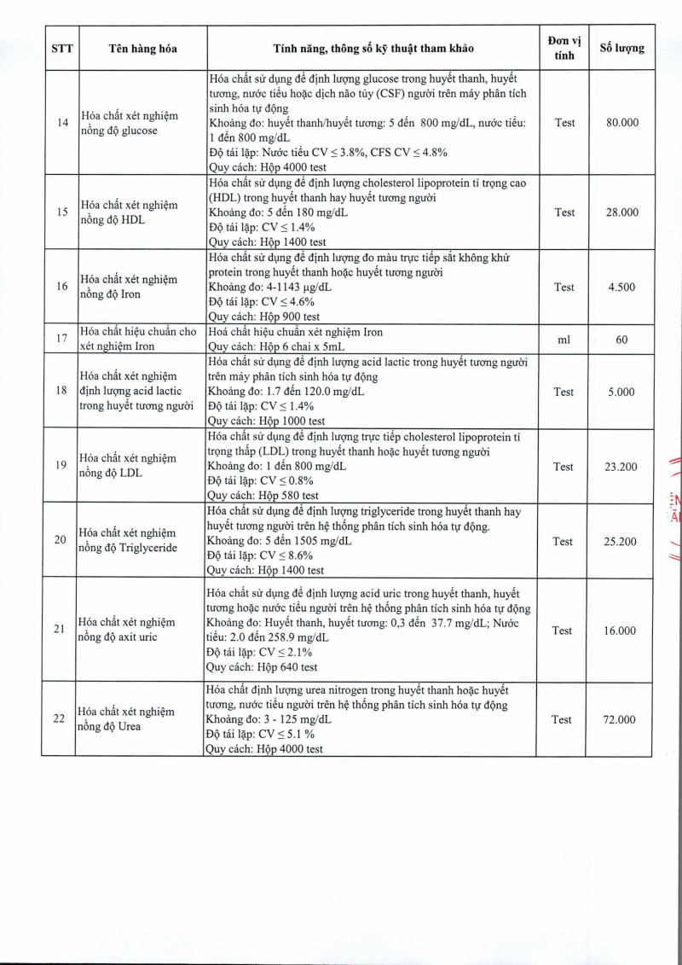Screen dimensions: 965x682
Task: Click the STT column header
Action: [x=62, y=49]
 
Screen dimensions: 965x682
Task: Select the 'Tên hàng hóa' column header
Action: [x=142, y=49]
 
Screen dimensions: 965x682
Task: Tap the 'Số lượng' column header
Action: [x=621, y=49]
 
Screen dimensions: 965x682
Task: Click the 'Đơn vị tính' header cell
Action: [x=564, y=49]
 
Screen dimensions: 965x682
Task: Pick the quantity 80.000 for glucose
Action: [x=621, y=123]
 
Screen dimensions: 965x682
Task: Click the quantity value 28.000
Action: [x=621, y=212]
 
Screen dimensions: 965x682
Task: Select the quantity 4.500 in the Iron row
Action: [x=621, y=288]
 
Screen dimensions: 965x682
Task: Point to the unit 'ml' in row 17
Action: [x=564, y=340]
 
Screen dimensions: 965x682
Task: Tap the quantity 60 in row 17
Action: [x=621, y=340]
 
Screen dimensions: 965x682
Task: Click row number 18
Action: [x=61, y=391]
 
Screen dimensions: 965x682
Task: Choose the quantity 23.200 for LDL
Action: [x=621, y=467]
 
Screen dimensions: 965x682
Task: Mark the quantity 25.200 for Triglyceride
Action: [x=621, y=541]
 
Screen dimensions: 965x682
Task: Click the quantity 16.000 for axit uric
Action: [x=621, y=631]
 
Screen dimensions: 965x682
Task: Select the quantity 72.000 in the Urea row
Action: [x=621, y=720]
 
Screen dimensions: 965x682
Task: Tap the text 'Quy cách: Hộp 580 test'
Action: [x=263, y=496]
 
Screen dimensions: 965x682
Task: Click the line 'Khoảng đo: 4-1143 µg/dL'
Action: [x=270, y=287]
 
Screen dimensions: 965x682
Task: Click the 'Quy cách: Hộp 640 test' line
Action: [x=263, y=667]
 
